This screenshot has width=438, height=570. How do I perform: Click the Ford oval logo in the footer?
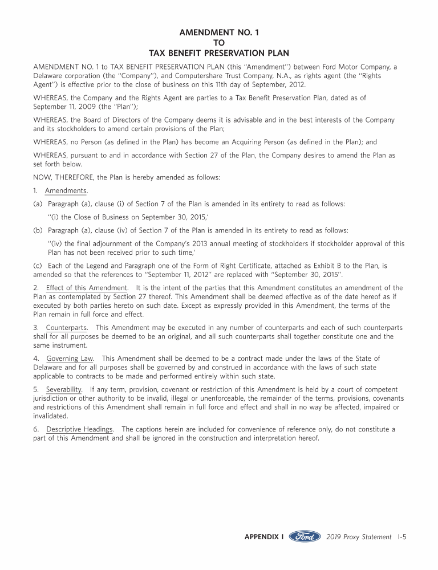[x=305, y=537]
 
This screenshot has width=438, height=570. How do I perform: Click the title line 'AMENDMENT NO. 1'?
[x=219, y=33]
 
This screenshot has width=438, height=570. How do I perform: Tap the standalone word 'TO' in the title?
[x=219, y=43]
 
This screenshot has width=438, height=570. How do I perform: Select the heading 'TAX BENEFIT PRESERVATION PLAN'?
[x=219, y=53]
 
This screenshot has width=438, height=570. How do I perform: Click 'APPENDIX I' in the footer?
[x=264, y=537]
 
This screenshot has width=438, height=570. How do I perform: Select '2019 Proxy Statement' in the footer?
[x=359, y=537]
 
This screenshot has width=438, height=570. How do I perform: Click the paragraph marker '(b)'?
[x=38, y=230]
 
